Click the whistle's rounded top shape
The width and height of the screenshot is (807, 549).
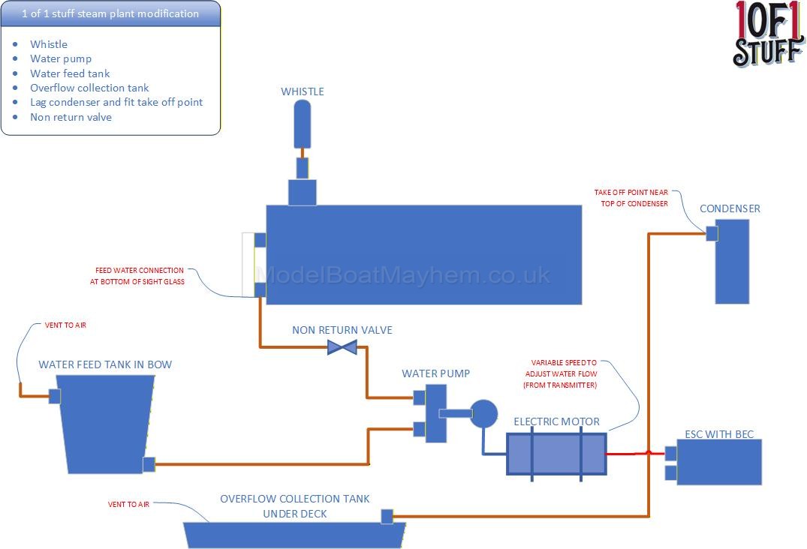301,123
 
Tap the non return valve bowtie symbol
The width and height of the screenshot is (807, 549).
342,347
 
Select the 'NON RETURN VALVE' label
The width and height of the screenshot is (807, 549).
342,330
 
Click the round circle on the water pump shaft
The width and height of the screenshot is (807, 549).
484,412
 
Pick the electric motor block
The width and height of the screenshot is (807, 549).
556,453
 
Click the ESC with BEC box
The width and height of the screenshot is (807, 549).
719,462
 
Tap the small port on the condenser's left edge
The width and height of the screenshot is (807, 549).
712,233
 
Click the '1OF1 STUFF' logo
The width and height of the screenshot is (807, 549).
767,34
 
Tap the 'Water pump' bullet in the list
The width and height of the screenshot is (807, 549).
61,58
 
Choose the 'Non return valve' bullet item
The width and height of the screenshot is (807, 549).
71,117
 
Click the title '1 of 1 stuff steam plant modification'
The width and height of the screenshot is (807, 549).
110,13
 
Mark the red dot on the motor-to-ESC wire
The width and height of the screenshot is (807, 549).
649,452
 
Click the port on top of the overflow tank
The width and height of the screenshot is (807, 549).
387,516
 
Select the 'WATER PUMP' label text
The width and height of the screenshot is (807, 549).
436,373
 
